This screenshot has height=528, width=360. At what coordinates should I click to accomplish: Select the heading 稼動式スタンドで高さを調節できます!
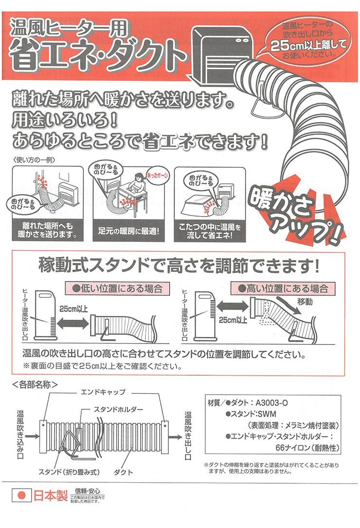180,266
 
